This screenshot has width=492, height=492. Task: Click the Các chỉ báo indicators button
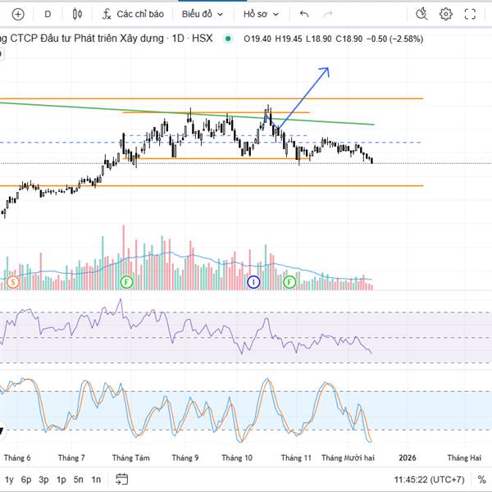134,14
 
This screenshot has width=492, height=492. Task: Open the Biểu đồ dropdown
202,14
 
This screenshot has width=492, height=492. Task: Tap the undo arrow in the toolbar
305,14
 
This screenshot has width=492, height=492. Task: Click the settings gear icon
446,14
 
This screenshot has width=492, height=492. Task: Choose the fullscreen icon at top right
470,14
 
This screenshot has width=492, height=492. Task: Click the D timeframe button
48,14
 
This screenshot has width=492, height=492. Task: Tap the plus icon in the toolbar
18,14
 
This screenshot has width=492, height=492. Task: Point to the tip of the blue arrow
328,69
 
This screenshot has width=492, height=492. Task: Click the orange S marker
13,282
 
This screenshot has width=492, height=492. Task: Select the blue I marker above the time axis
253,282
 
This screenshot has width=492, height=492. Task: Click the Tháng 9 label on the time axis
185,458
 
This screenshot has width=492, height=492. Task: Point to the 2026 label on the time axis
407,458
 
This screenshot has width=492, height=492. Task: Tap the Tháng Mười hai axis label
348,458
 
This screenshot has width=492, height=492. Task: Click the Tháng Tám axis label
131,458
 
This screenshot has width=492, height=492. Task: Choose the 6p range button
26,480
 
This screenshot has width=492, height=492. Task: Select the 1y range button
9,480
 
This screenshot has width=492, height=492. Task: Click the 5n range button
79,480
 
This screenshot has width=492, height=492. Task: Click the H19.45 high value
287,39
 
